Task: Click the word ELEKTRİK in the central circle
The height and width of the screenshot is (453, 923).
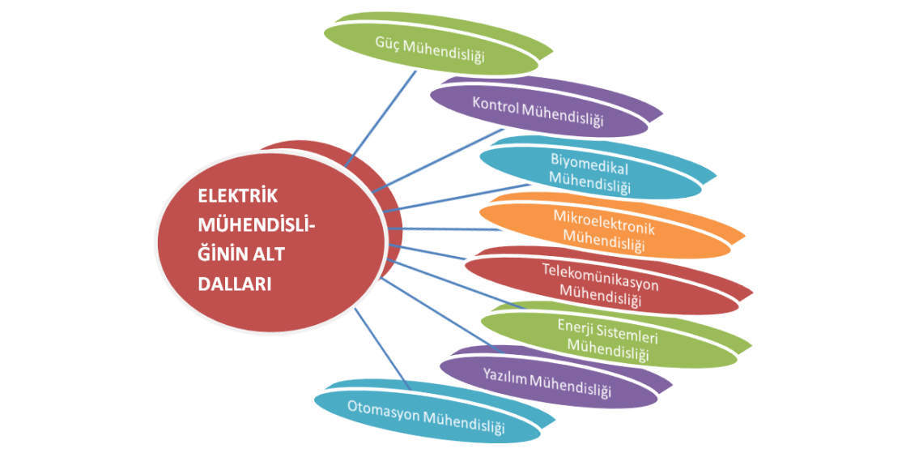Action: (x=238, y=196)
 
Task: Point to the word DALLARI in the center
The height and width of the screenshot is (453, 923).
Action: (x=236, y=284)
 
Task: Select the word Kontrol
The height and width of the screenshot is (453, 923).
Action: (x=495, y=105)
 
